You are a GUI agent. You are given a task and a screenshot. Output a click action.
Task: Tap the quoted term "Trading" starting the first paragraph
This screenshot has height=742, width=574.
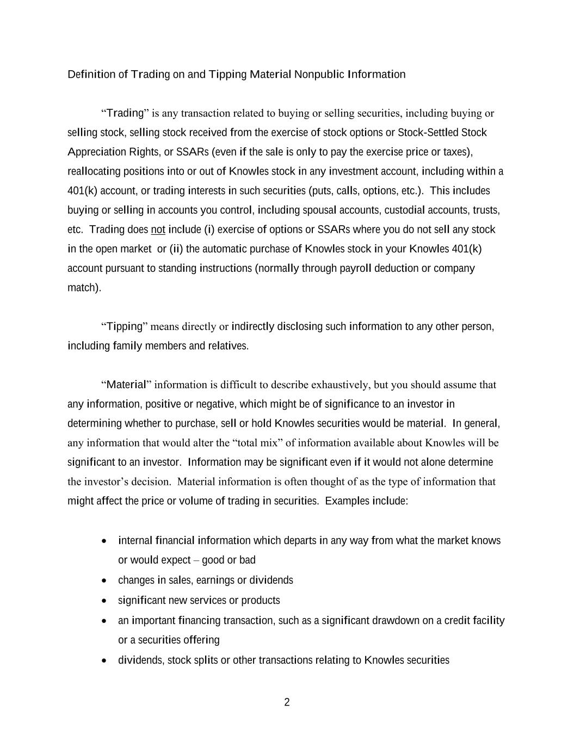click(125, 113)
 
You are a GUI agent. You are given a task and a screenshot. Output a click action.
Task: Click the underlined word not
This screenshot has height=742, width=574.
click(158, 229)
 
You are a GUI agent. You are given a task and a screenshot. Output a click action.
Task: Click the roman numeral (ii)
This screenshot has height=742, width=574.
click(176, 249)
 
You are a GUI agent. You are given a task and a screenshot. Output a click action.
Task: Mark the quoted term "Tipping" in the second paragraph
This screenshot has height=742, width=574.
click(124, 326)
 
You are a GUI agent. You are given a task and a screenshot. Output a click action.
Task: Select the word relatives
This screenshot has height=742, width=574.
click(229, 346)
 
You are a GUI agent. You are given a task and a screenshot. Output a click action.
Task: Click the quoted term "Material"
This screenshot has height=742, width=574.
click(126, 385)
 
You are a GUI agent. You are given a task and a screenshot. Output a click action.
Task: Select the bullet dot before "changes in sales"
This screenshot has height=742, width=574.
click(104, 581)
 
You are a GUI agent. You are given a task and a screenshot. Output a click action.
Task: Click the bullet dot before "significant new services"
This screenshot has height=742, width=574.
click(104, 601)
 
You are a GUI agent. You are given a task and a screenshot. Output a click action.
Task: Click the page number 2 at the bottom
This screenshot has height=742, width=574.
click(287, 702)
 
